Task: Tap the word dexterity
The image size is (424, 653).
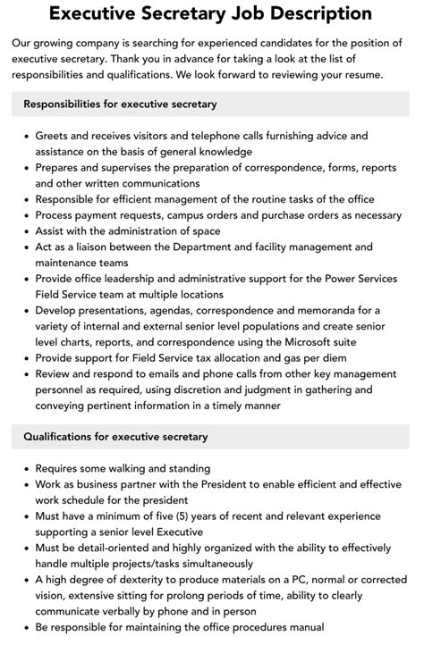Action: (x=135, y=580)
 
